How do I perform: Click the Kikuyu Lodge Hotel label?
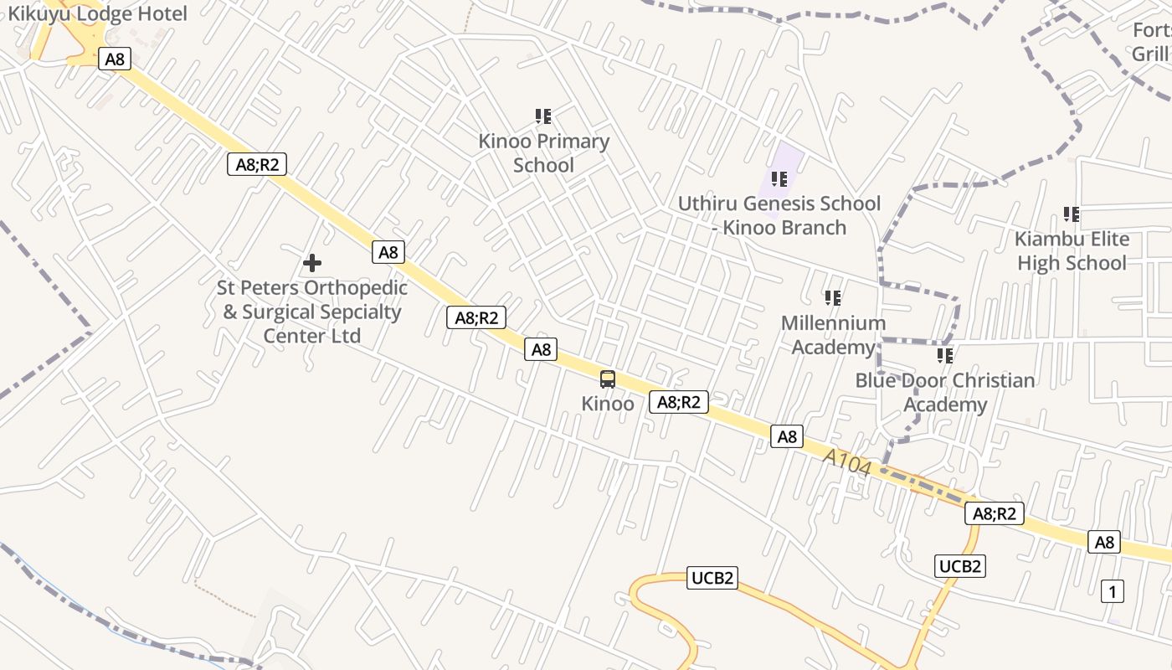[x=97, y=13]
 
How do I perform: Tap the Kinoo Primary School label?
[x=543, y=153]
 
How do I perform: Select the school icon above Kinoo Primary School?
[x=543, y=116]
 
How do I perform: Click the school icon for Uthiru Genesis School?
[x=779, y=179]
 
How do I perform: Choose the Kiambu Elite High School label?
[x=1072, y=251]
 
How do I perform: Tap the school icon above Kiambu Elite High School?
[x=1072, y=214]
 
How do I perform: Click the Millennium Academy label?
[x=833, y=335]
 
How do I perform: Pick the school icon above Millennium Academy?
[x=833, y=298]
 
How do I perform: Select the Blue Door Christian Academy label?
[x=945, y=393]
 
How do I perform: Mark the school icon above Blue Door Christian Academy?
[x=945, y=356]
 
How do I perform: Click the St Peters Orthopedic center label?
[x=312, y=312]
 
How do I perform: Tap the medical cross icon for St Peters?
[x=312, y=263]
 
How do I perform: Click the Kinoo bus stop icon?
[x=608, y=379]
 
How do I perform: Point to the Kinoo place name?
[x=608, y=404]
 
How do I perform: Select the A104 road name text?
[x=847, y=463]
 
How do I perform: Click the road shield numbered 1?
[x=1112, y=591]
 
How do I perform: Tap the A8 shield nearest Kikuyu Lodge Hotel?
[x=115, y=59]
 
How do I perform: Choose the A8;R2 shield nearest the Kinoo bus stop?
[x=679, y=402]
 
